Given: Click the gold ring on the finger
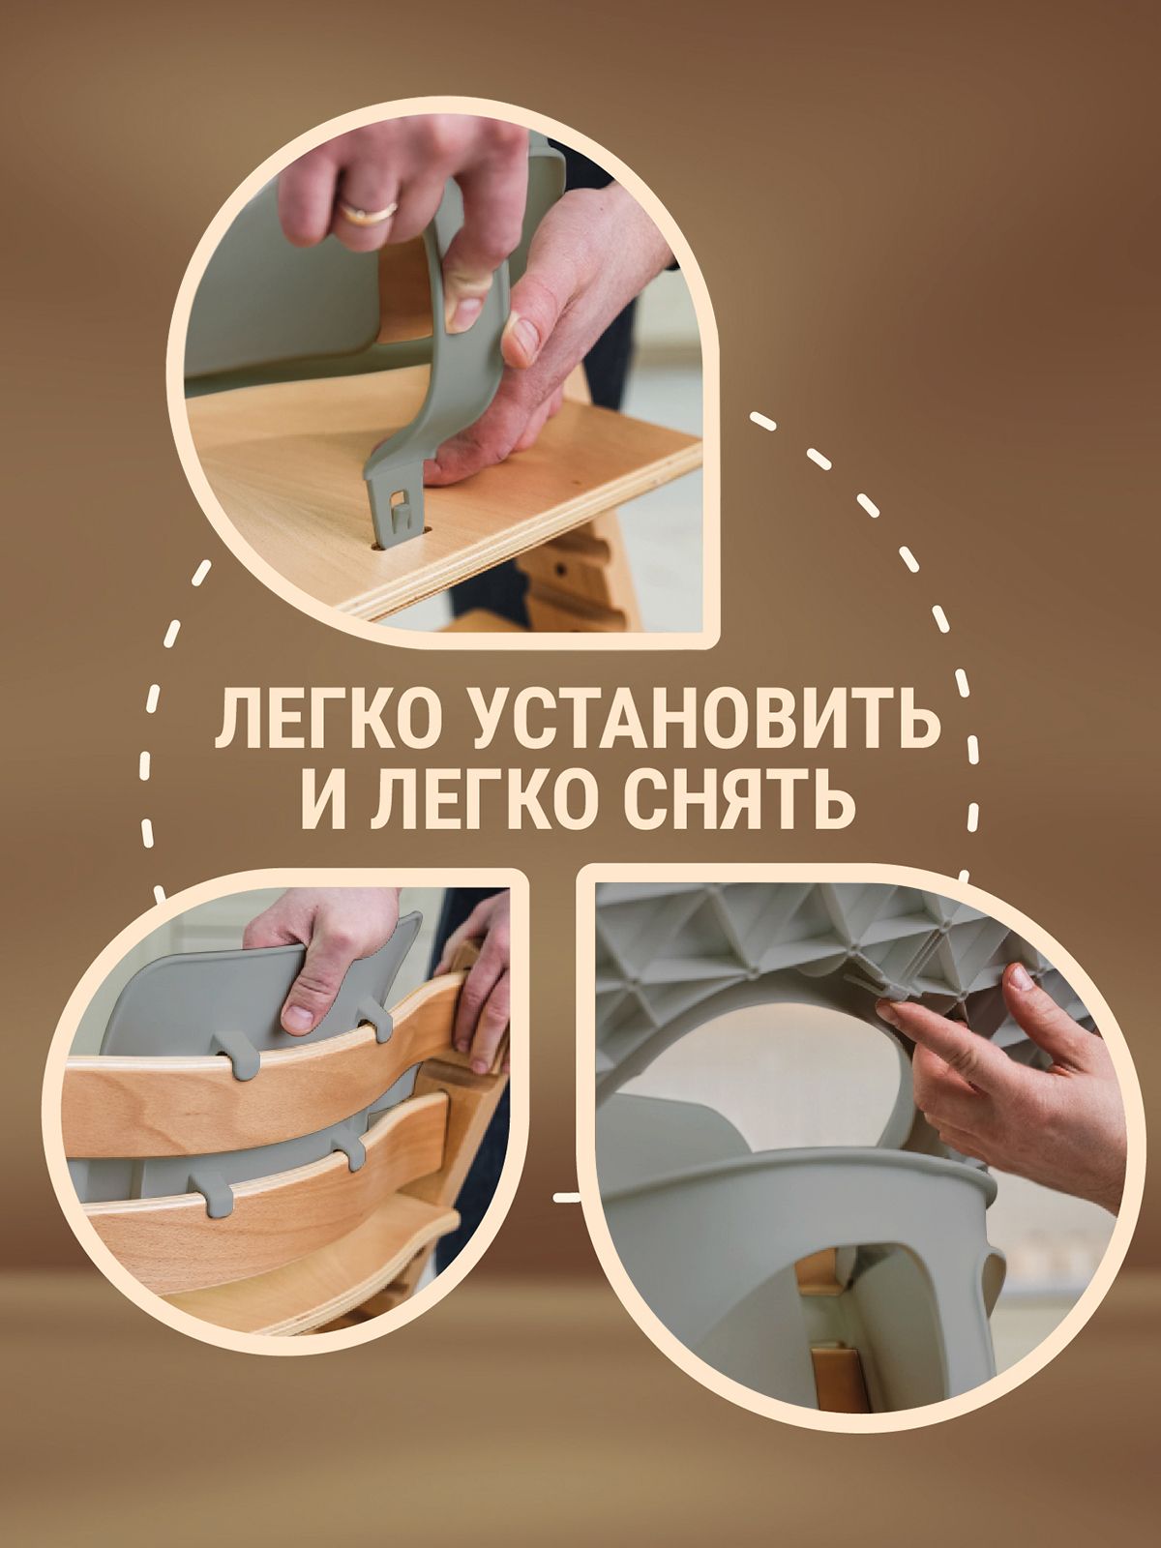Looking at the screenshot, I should pos(367,212).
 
